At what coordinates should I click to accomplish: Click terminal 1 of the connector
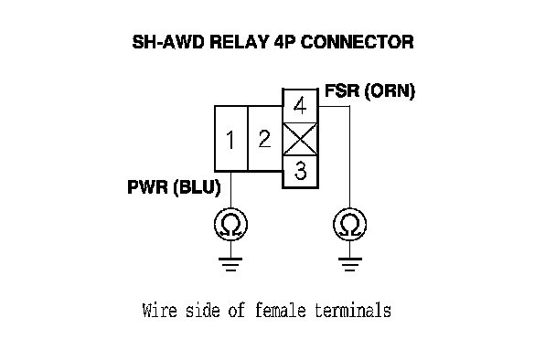[x=230, y=139]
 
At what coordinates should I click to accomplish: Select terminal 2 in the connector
[x=265, y=139]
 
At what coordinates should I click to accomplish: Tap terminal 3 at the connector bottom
[x=300, y=171]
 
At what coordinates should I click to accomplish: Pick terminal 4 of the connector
[x=300, y=106]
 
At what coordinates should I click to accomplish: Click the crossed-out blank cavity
[x=300, y=139]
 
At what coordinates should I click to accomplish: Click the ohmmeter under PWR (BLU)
[x=230, y=225]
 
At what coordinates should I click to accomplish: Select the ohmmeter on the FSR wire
[x=350, y=225]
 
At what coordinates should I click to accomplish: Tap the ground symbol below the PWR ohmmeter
[x=230, y=264]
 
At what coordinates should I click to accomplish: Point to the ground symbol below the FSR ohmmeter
[x=350, y=264]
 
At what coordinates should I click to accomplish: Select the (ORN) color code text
[x=390, y=91]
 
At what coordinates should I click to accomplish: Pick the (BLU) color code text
[x=198, y=188]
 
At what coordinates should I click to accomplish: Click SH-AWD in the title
[x=168, y=42]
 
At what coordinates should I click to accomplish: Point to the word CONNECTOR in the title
[x=357, y=42]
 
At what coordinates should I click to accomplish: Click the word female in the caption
[x=280, y=310]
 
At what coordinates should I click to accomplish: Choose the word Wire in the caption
[x=159, y=310]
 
